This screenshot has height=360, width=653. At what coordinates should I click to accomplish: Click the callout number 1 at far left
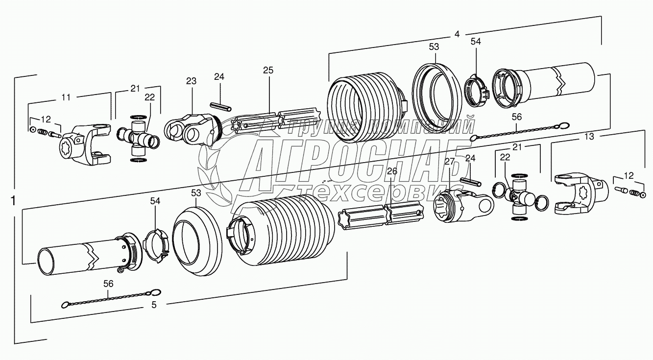[13, 201]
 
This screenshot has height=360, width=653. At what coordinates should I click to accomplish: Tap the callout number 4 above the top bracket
[457, 34]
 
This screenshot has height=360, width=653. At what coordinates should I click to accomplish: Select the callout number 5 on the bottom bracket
[154, 305]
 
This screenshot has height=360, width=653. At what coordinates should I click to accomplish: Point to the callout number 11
[66, 97]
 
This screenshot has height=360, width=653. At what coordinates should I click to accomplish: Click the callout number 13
[589, 137]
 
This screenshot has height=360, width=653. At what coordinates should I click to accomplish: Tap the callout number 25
[267, 71]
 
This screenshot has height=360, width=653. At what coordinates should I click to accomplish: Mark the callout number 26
[391, 171]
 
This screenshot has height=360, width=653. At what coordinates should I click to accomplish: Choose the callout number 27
[450, 162]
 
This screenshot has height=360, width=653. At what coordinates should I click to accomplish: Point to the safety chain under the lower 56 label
[110, 299]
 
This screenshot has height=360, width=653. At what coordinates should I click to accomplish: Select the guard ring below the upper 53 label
[437, 96]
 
